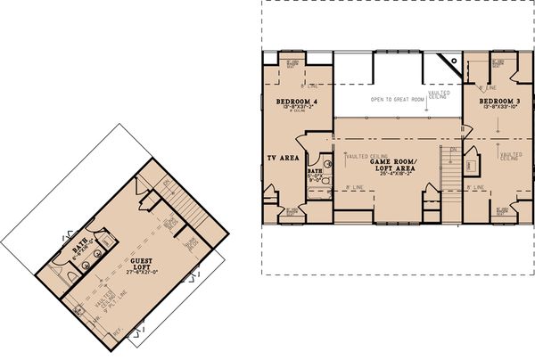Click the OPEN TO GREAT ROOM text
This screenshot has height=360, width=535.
click(398, 100)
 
